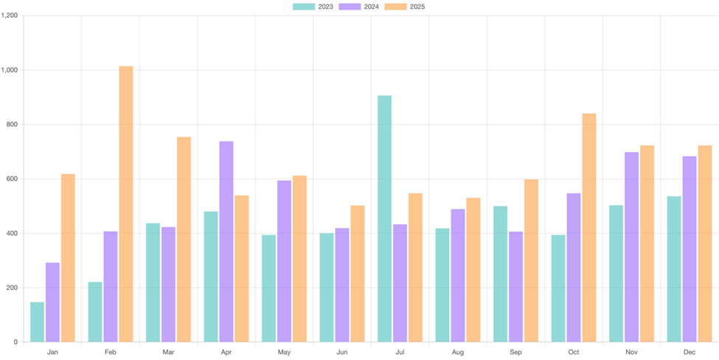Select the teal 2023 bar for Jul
pyautogui.click(x=384, y=219)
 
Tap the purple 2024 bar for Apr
pyautogui.click(x=226, y=242)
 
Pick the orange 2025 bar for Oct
pyautogui.click(x=588, y=228)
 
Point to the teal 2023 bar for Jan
pyautogui.click(x=37, y=322)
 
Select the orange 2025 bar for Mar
pyautogui.click(x=184, y=240)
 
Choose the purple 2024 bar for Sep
pyautogui.click(x=515, y=287)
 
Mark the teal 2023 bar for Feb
pyautogui.click(x=95, y=312)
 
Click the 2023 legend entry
pyautogui.click(x=313, y=7)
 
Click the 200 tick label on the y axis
pyautogui.click(x=12, y=288)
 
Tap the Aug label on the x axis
pyautogui.click(x=458, y=353)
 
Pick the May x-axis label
pyautogui.click(x=285, y=353)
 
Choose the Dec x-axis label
pyautogui.click(x=690, y=353)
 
